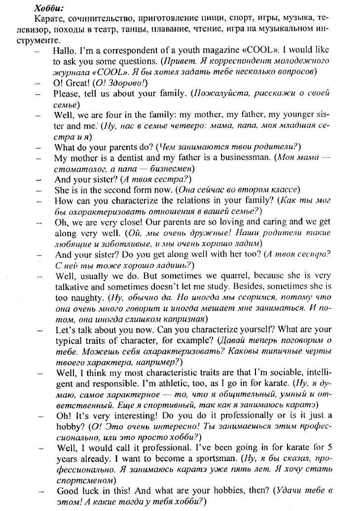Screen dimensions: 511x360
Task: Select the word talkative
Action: click(x=74, y=288)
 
